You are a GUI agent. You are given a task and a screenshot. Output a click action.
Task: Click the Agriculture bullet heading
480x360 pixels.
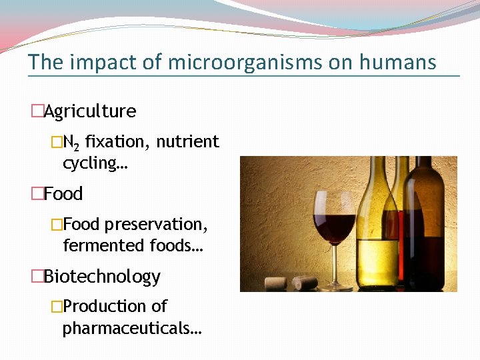(89, 111)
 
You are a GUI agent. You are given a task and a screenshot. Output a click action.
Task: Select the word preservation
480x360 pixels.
(165, 225)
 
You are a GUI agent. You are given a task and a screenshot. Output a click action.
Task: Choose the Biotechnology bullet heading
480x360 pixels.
(102, 277)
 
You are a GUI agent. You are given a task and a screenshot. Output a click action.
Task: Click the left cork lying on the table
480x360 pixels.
(276, 282)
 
